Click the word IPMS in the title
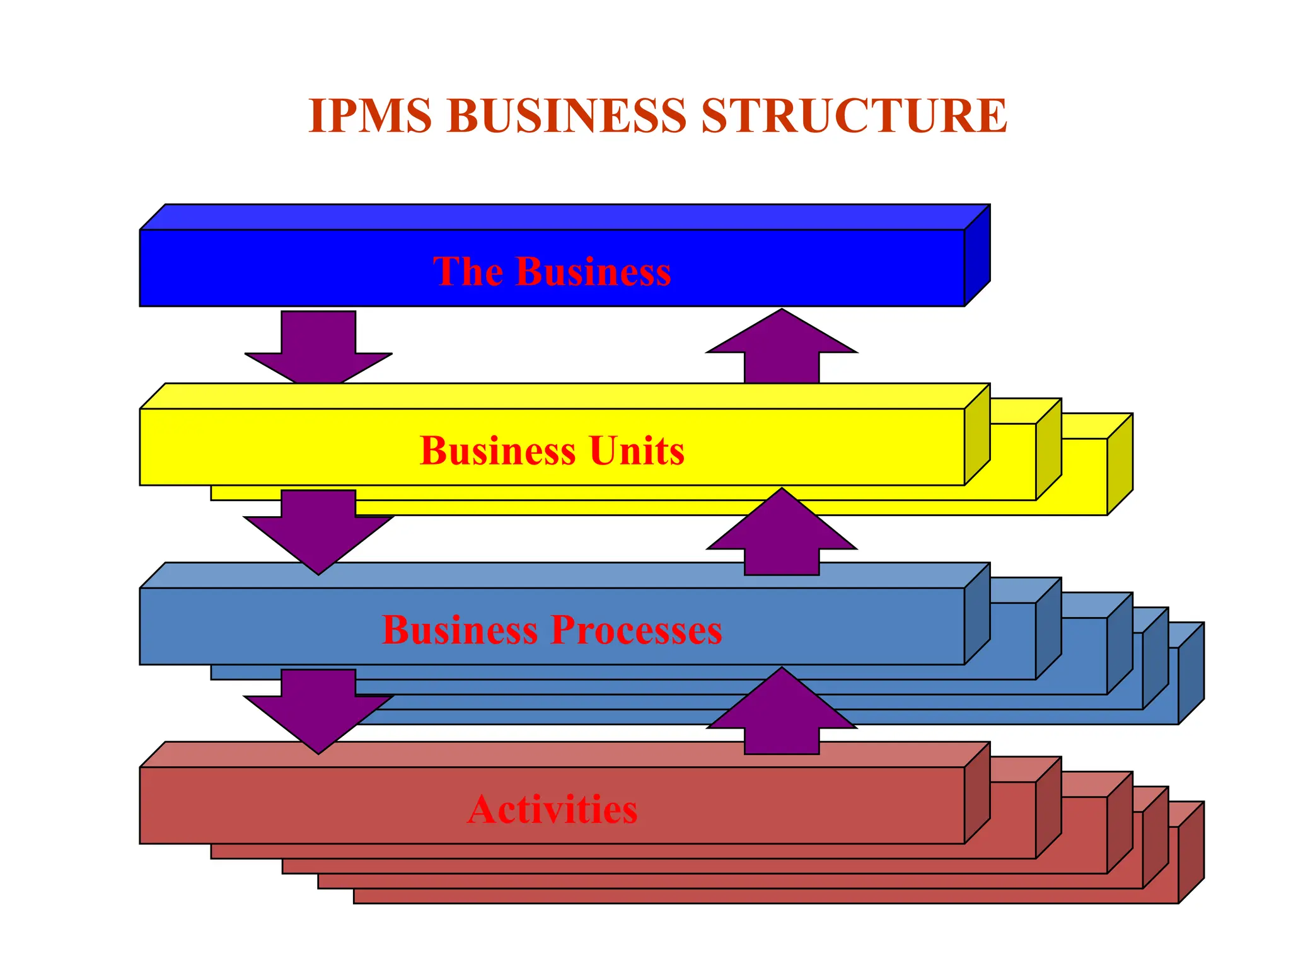[370, 117]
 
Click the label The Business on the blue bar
[552, 272]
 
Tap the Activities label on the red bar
[552, 809]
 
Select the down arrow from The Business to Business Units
[318, 350]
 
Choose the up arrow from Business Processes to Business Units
[782, 533]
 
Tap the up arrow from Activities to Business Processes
[782, 712]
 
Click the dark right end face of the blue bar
[977, 255]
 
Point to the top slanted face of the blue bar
[564, 217]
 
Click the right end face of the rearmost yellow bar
[1120, 464]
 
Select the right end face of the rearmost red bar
[1191, 852]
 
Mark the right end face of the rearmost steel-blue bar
[1191, 673]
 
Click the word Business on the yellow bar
[497, 451]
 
